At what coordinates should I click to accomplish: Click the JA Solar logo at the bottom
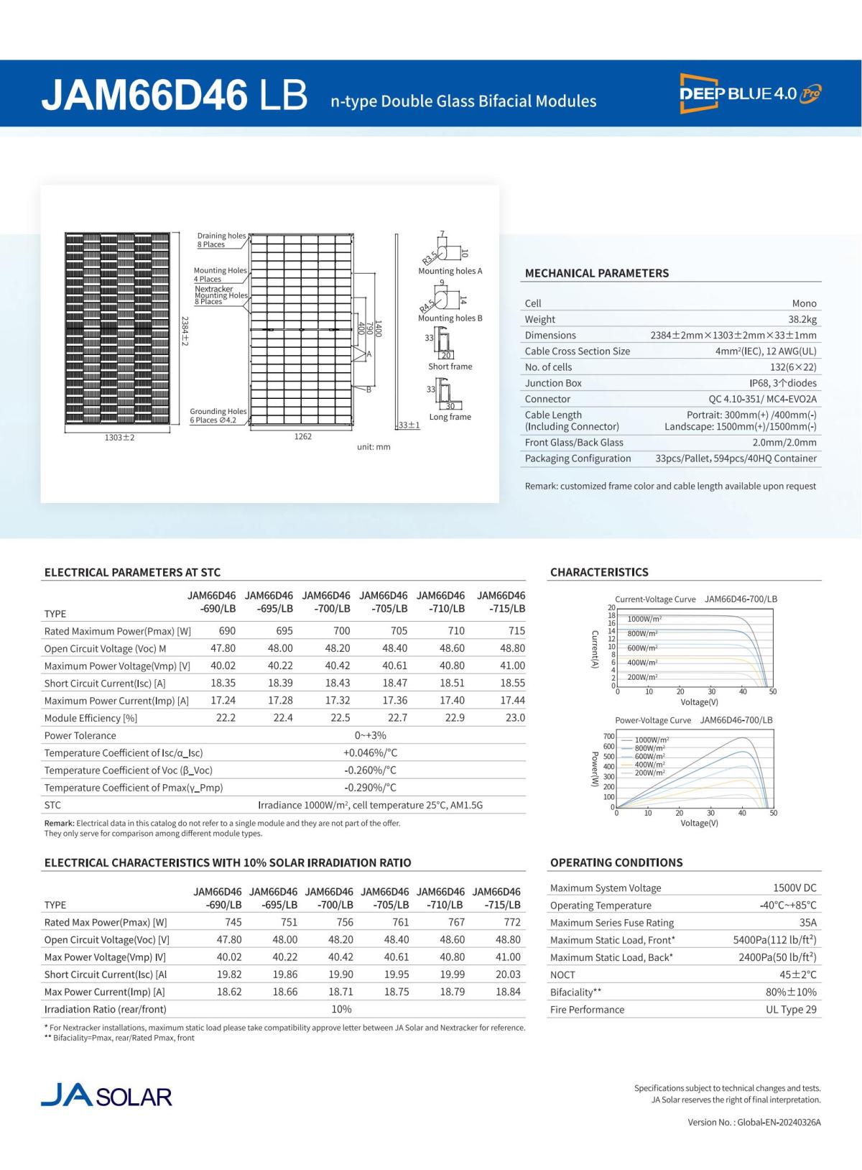click(107, 1096)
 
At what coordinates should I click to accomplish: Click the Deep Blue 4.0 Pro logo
click(750, 93)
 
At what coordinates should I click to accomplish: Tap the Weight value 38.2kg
click(802, 320)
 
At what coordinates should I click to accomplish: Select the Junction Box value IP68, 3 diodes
click(783, 383)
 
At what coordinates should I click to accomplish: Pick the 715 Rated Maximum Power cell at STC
click(516, 631)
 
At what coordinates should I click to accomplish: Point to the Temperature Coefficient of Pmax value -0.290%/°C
click(370, 788)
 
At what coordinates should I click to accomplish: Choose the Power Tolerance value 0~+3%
click(370, 735)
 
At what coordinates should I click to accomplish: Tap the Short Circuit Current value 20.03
click(507, 975)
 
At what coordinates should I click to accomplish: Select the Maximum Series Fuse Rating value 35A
click(807, 923)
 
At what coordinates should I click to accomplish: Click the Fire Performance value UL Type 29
click(791, 1010)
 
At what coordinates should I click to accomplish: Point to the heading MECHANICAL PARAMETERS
click(596, 273)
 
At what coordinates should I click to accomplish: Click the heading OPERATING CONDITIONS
click(616, 862)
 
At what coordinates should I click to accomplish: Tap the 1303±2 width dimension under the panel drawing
click(119, 438)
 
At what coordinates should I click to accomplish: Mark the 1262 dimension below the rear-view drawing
click(303, 437)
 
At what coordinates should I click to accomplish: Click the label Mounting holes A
click(450, 271)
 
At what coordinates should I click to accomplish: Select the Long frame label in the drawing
click(450, 417)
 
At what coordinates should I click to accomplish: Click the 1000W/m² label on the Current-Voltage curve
click(644, 619)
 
